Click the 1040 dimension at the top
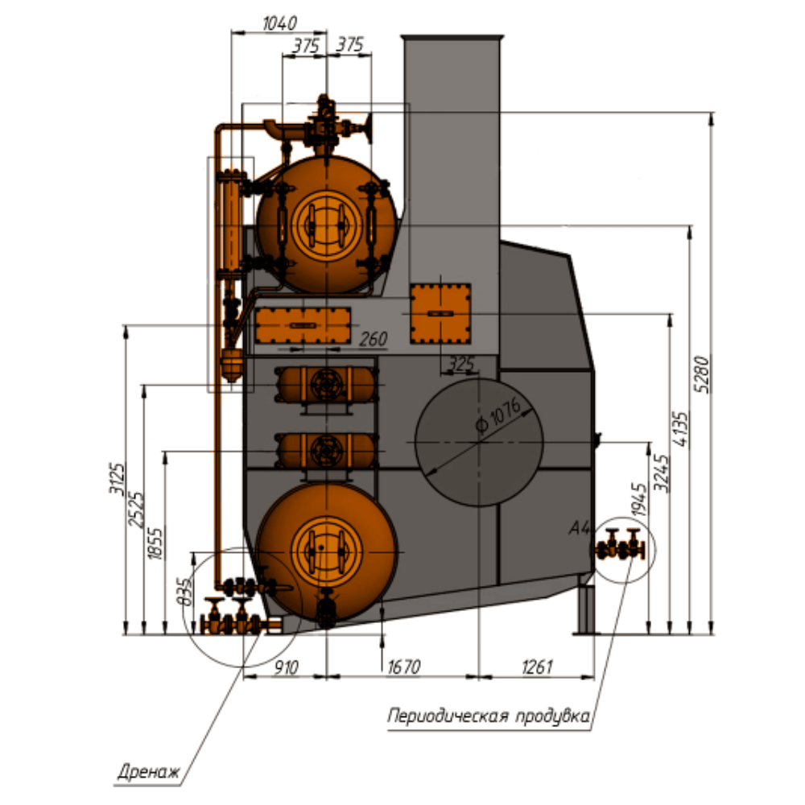point(280,23)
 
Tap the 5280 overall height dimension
point(702,374)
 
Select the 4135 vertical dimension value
point(679,429)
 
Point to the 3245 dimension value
point(662,473)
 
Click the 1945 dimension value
point(639,498)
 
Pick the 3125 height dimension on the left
point(117,478)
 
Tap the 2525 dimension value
point(136,510)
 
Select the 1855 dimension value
point(155,543)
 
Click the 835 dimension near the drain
point(184,592)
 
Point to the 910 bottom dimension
point(286,667)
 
